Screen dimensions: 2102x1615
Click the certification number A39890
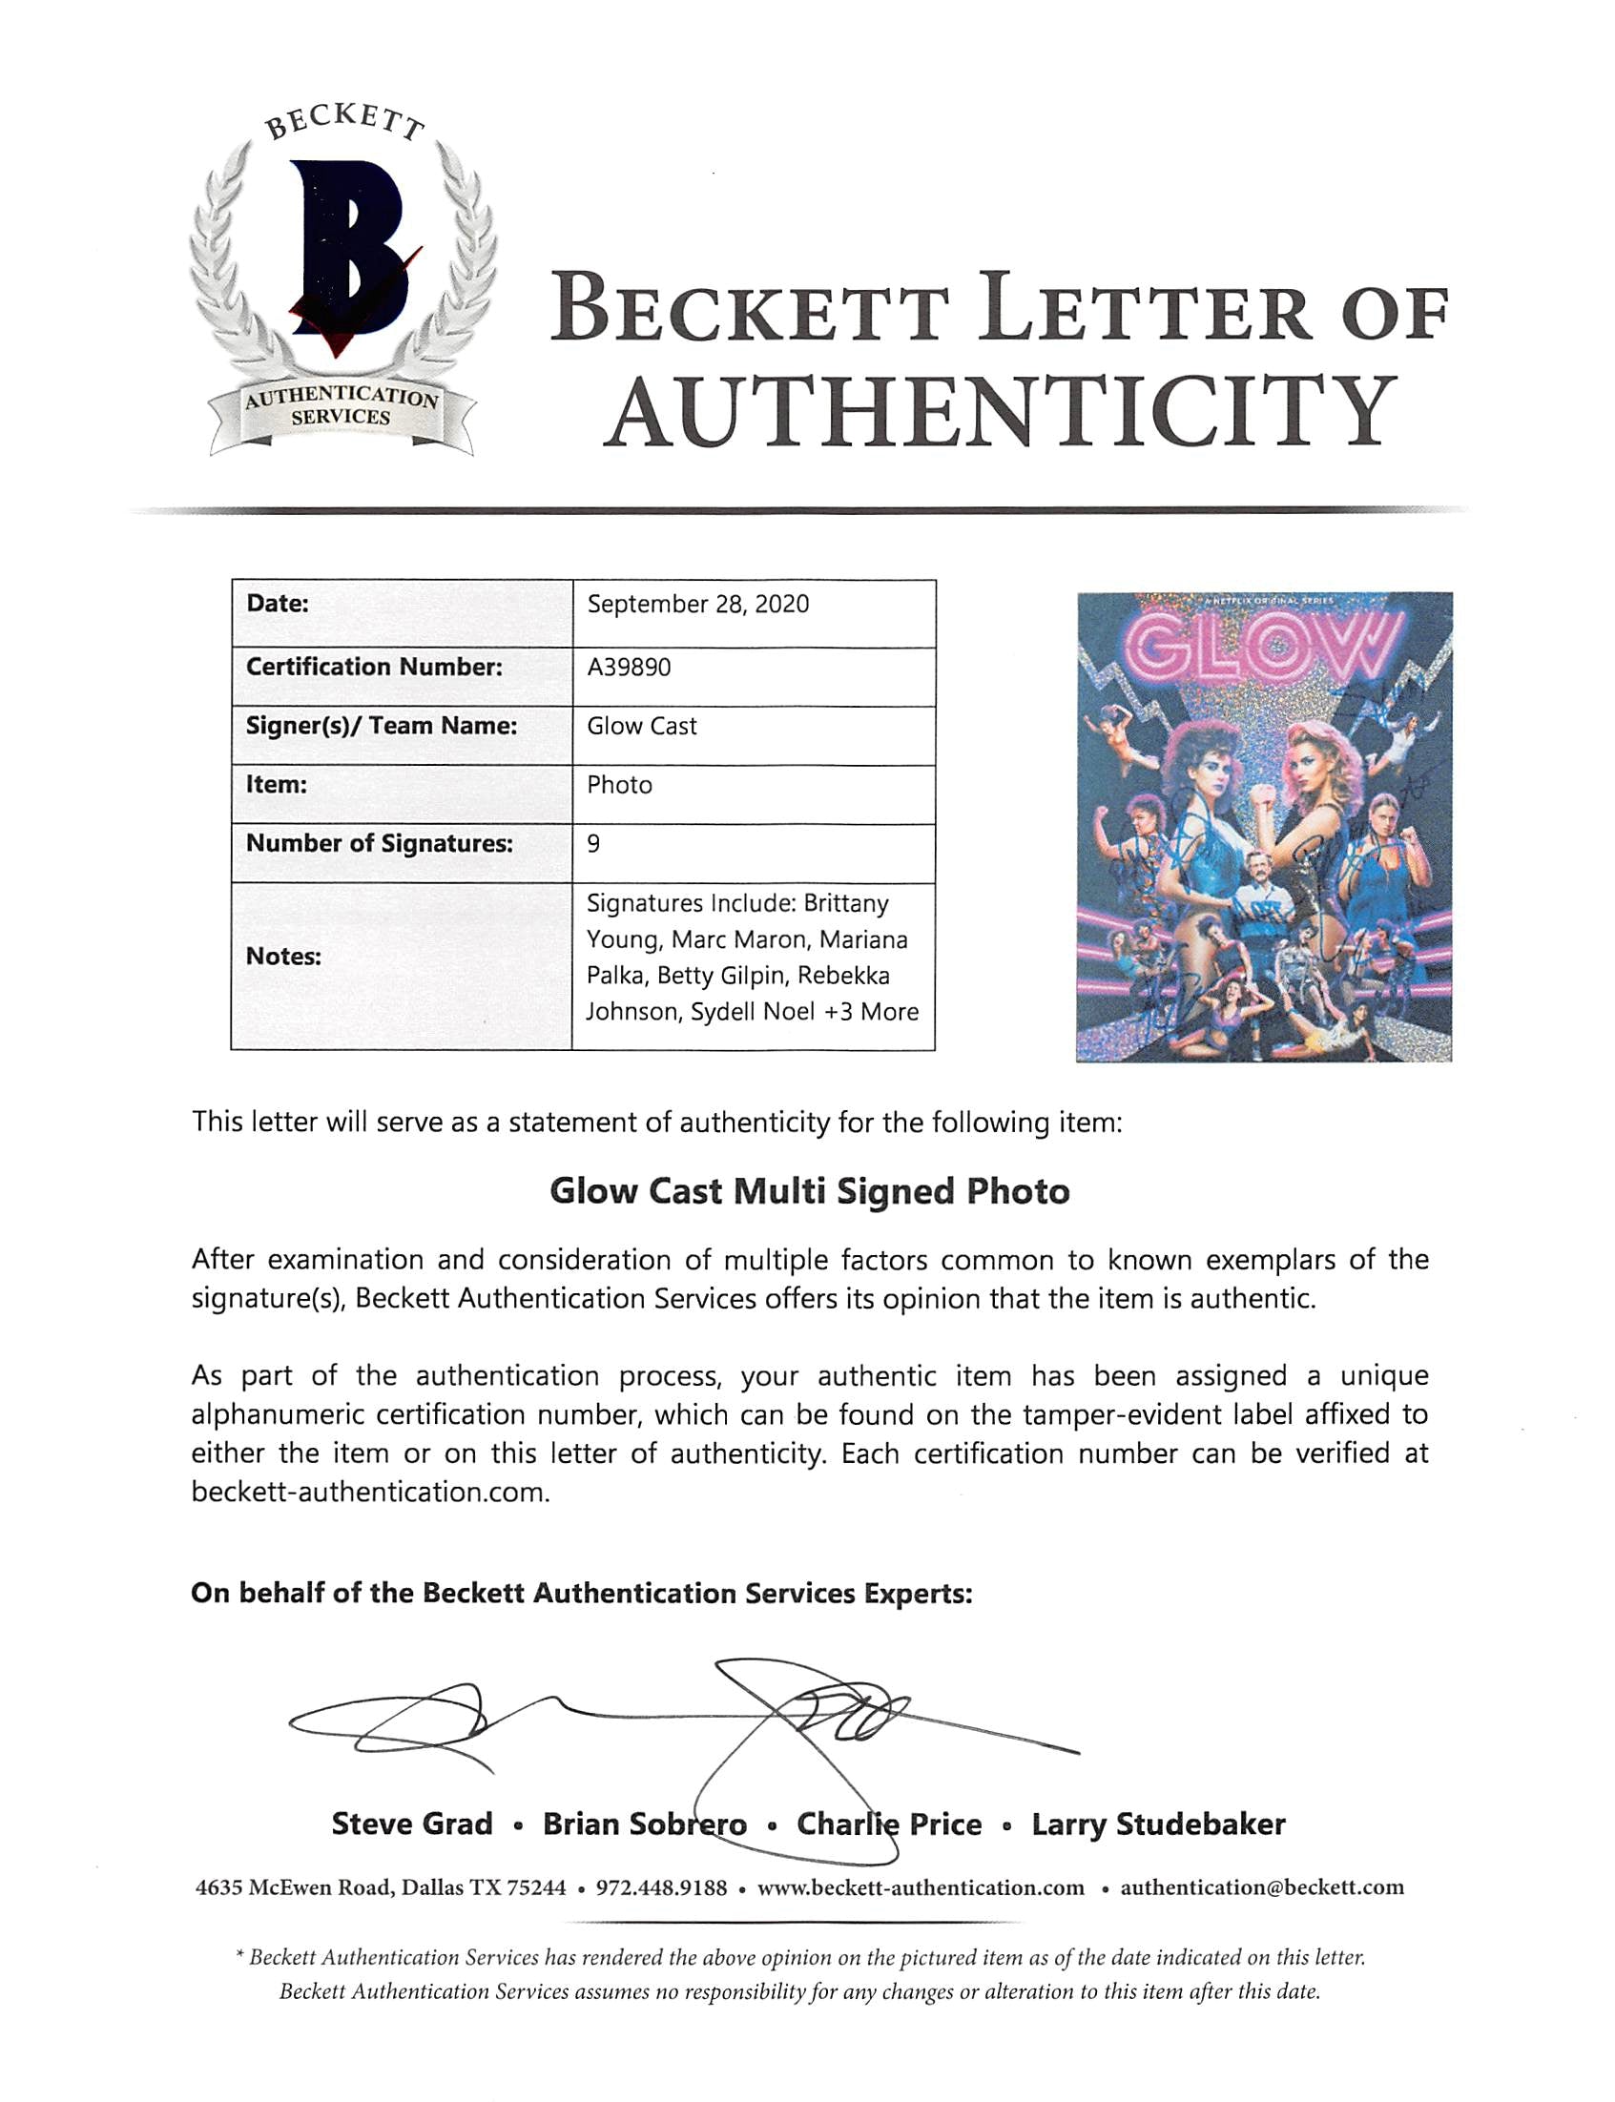pos(629,667)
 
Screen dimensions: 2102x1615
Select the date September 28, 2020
pos(698,605)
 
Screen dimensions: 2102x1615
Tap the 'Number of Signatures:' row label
pos(380,844)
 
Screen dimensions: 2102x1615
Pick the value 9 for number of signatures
pos(594,844)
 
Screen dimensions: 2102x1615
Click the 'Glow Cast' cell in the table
pos(641,727)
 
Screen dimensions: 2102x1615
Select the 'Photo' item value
pos(619,785)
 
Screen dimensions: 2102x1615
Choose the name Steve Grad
pos(411,1824)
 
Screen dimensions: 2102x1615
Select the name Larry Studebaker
pos(1158,1824)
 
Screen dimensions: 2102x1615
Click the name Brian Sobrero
pos(644,1824)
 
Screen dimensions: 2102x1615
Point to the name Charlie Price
pos(889,1824)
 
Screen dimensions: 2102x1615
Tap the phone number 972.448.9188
pos(661,1887)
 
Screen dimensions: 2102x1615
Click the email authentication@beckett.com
pos(1262,1887)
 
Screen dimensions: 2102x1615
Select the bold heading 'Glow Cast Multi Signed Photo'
pos(810,1192)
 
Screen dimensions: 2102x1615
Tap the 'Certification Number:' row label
pos(374,667)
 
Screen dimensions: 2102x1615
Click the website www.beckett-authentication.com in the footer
pos(921,1887)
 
